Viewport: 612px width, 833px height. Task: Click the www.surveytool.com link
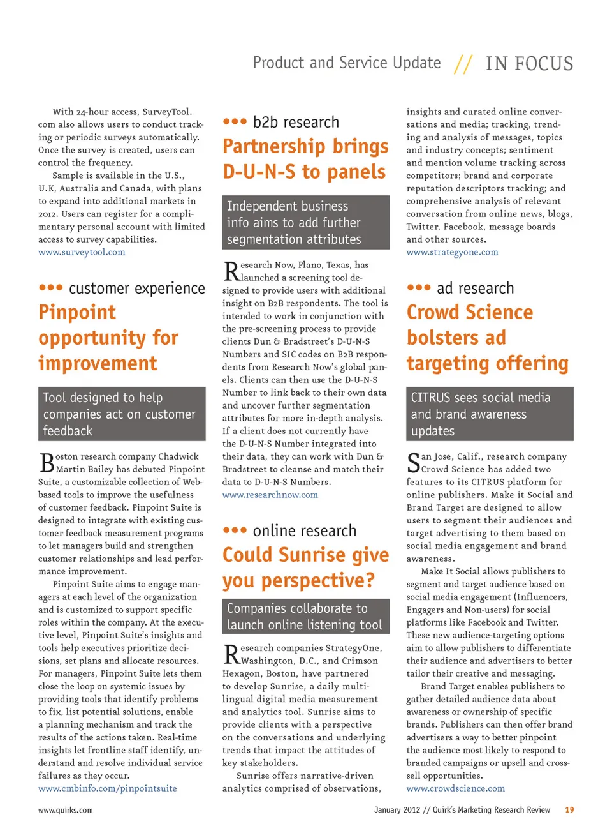[82, 252]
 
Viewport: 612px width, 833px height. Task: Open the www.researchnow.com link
[270, 495]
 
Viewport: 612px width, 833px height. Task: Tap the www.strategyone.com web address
[452, 252]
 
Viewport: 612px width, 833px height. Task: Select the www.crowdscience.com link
[455, 788]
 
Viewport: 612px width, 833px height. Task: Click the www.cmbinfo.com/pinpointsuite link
[107, 788]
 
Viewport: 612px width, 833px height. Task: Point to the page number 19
[569, 810]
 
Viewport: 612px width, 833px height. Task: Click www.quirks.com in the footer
[65, 810]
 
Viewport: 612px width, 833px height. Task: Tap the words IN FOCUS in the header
[529, 64]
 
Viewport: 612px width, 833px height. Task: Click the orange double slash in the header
[463, 64]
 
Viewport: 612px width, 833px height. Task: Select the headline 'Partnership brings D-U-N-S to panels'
[305, 159]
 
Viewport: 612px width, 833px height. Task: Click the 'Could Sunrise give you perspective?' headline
[305, 567]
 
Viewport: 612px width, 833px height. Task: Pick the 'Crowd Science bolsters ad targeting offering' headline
[487, 338]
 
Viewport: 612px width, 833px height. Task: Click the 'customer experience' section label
[136, 289]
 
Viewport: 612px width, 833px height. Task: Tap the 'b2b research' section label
[296, 122]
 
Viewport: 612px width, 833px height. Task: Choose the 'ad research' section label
[475, 289]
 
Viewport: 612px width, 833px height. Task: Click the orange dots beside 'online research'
[235, 530]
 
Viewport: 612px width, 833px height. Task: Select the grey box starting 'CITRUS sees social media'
[490, 414]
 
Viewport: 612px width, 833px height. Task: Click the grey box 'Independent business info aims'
[305, 222]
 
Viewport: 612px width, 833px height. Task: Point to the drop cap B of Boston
[47, 462]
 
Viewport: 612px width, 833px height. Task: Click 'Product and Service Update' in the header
[347, 63]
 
